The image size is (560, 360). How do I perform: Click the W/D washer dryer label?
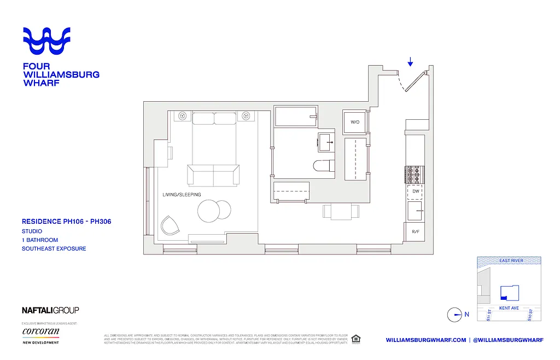(x=354, y=122)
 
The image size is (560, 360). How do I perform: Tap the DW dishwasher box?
(x=416, y=191)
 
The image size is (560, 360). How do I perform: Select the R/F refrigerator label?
(x=415, y=232)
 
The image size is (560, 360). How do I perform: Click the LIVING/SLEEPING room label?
(x=182, y=195)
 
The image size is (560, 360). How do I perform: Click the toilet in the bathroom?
(x=324, y=165)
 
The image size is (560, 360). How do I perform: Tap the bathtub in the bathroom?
(x=296, y=117)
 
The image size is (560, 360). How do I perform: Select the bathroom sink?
(x=327, y=142)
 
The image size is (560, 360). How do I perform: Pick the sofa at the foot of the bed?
(x=213, y=175)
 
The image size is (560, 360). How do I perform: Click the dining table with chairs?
(x=341, y=211)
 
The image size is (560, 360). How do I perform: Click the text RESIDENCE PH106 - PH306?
(x=66, y=222)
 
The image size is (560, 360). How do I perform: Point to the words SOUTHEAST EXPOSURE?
(x=54, y=248)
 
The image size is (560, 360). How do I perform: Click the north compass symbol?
(x=454, y=315)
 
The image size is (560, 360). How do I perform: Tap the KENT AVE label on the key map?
(x=509, y=308)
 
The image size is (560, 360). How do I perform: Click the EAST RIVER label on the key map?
(x=511, y=260)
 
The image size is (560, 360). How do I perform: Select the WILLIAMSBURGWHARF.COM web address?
(x=425, y=340)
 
